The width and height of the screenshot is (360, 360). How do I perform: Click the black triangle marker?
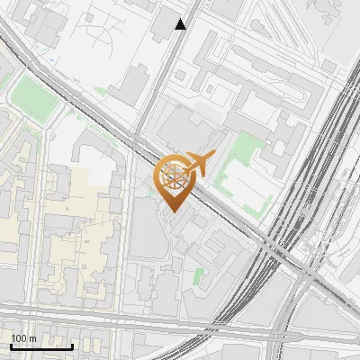181,24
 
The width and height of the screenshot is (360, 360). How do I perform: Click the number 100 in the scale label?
19,338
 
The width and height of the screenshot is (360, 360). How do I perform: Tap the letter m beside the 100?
32,338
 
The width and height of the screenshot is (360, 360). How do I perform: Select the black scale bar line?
41,346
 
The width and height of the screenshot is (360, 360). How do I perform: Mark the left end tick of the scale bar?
11,345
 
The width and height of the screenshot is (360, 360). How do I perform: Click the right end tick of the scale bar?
72,345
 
